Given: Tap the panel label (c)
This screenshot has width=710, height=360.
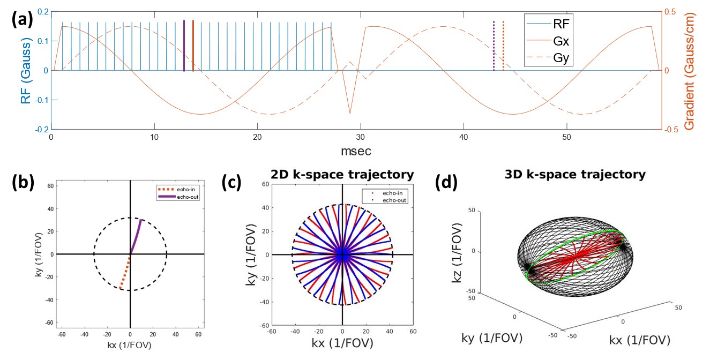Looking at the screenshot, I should point(233,183).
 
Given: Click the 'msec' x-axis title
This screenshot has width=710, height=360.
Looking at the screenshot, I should point(355,152).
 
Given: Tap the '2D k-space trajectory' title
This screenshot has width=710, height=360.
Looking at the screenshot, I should point(342,175).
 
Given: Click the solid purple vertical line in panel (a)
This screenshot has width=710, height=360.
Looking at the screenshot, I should point(184,46).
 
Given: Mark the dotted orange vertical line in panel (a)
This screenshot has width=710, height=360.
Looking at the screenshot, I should point(503,46).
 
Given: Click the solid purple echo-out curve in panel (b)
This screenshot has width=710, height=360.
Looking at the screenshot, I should point(136,236).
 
